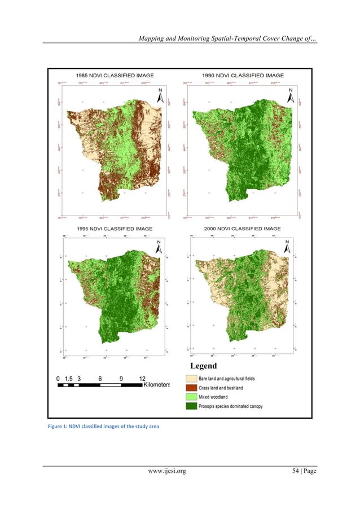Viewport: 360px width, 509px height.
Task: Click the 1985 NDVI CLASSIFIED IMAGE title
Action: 115,75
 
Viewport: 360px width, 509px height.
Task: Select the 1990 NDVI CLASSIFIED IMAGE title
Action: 243,75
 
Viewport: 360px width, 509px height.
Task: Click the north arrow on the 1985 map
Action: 160,96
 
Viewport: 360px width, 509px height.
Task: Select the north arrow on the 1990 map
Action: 291,96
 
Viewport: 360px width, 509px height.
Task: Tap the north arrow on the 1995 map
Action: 159,246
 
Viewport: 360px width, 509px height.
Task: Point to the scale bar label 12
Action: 142,378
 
